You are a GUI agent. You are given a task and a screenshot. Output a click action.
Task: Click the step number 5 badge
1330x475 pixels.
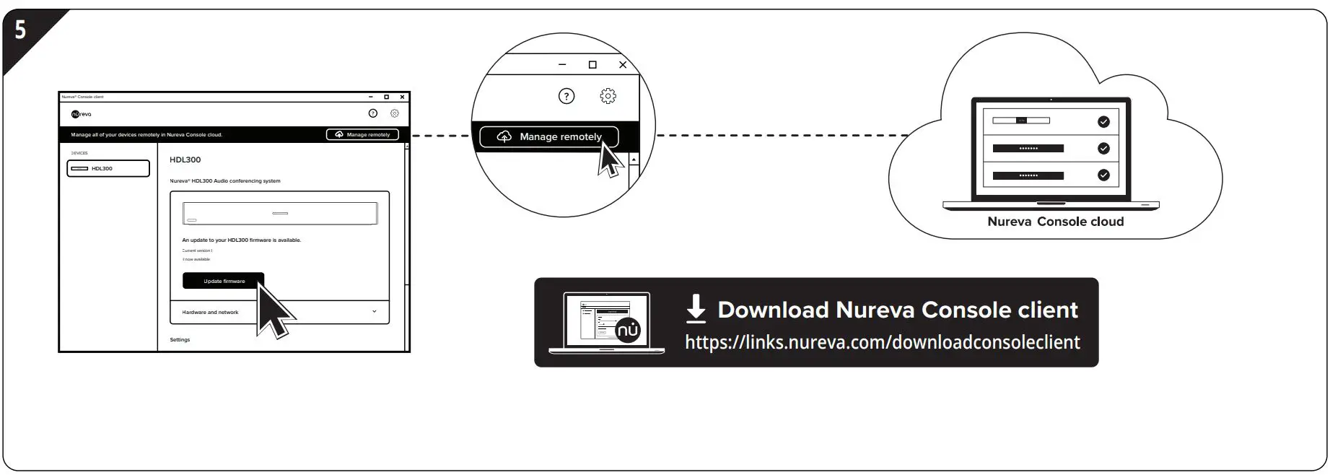[x=20, y=30]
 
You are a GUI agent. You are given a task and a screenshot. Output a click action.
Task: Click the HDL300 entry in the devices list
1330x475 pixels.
[x=108, y=168]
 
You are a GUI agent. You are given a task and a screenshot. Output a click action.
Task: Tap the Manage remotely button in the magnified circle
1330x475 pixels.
[x=549, y=136]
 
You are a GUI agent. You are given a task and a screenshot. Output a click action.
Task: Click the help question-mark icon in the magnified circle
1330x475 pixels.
[x=566, y=96]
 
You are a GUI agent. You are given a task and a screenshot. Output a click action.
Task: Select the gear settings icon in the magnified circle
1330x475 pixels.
[x=608, y=96]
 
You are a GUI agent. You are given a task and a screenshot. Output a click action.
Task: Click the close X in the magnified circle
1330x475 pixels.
[x=623, y=65]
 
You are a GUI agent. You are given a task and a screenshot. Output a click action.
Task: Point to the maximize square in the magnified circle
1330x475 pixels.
[x=592, y=65]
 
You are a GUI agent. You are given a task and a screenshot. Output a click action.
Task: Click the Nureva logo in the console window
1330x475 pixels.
[x=82, y=114]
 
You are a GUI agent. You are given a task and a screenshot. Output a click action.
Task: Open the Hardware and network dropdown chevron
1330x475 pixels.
[x=374, y=312]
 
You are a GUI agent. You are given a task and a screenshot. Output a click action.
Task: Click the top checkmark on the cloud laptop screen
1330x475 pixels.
[x=1103, y=122]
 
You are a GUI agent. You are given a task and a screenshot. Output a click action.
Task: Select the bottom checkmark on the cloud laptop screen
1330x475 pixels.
[x=1103, y=175]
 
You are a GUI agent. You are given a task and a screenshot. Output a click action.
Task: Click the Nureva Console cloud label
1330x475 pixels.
[x=1055, y=222]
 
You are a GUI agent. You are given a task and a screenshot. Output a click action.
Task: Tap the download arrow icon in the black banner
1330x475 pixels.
[x=696, y=308]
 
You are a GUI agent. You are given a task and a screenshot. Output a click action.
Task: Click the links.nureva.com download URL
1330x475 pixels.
[x=882, y=342]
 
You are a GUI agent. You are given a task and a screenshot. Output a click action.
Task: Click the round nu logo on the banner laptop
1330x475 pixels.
[x=628, y=331]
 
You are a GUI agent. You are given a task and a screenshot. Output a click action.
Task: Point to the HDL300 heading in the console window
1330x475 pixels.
[x=185, y=160]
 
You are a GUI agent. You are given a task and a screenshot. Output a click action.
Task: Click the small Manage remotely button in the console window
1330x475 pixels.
[x=362, y=134]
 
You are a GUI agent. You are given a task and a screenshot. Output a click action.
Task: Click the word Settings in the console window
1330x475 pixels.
[x=180, y=339]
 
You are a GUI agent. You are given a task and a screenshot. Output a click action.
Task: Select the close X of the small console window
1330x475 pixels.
[x=402, y=97]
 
